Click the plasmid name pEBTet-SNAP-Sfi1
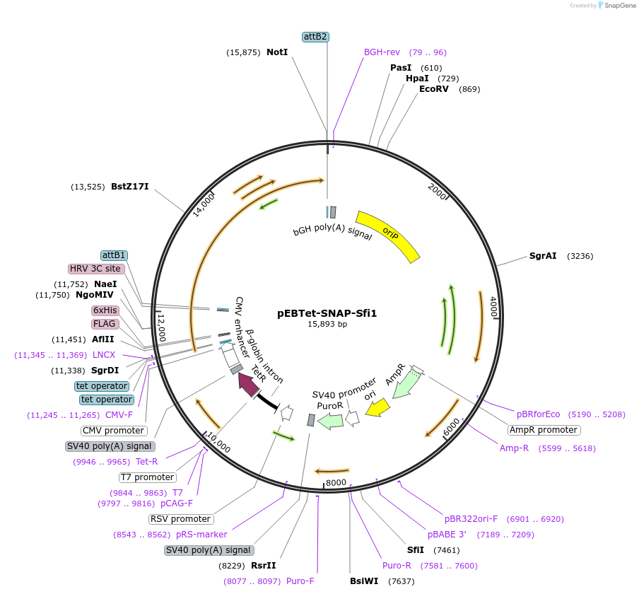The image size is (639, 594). click(327, 313)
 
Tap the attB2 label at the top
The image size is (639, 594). click(315, 36)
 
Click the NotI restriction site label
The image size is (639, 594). click(277, 52)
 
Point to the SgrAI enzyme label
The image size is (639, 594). click(544, 256)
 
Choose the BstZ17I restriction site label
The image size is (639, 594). click(129, 187)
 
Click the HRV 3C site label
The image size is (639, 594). click(96, 269)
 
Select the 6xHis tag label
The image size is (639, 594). click(105, 310)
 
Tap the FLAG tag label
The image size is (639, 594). click(105, 324)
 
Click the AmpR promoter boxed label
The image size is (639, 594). click(544, 430)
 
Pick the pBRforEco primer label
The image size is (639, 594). click(538, 414)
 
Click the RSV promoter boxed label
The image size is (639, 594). click(181, 519)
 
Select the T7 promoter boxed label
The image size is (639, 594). click(146, 477)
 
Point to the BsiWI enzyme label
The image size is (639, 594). click(365, 581)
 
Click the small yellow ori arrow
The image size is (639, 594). click(377, 407)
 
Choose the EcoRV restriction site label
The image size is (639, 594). click(434, 89)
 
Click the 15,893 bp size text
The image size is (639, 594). click(327, 325)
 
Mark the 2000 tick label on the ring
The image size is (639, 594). click(437, 190)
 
